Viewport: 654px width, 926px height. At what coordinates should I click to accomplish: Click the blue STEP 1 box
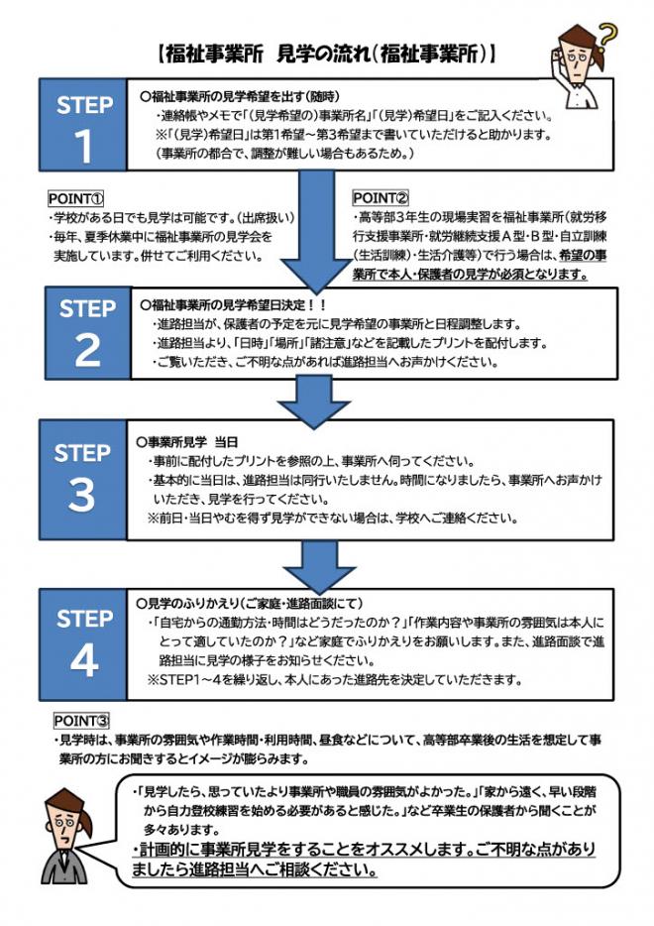point(86,126)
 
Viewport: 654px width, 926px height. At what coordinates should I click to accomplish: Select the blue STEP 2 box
point(86,332)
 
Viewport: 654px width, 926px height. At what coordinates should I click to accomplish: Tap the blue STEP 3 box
point(82,478)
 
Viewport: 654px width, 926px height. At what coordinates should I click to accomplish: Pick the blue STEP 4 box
point(84,642)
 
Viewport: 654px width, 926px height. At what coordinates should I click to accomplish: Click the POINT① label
point(76,198)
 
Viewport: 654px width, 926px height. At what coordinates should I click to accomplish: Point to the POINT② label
point(381,198)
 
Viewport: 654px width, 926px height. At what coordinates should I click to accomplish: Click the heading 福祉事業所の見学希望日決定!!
point(234,303)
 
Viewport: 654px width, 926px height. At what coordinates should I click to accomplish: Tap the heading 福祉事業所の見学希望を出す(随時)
point(233,96)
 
